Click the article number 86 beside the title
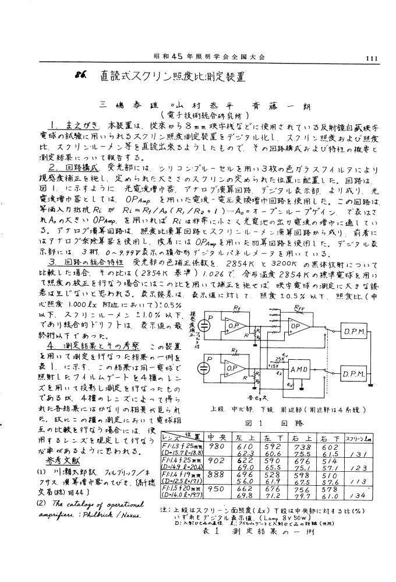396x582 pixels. click(81, 75)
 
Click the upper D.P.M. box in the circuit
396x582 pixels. click(355, 332)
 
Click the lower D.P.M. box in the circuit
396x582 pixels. click(355, 374)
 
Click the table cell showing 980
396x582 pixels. click(216, 446)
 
